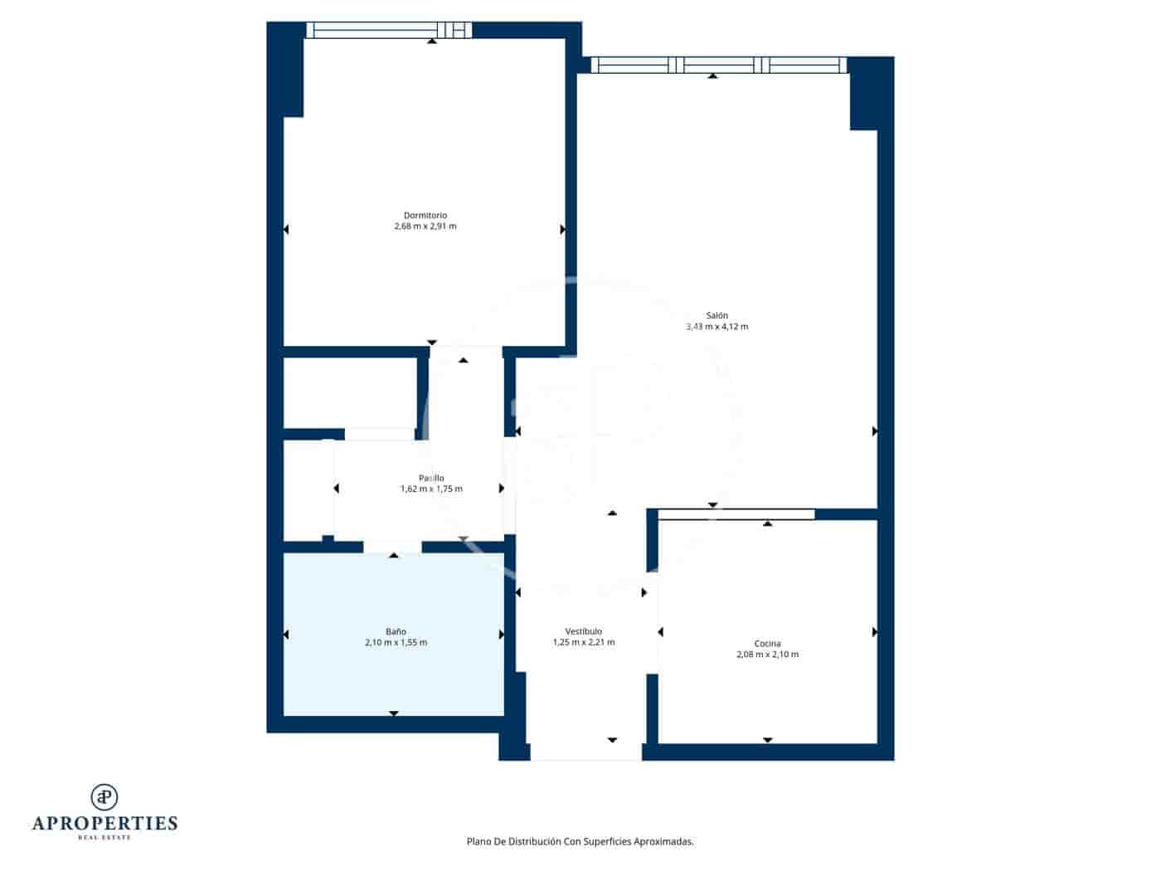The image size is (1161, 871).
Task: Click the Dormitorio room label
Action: pos(425,216)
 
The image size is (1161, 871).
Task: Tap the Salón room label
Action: pos(717,315)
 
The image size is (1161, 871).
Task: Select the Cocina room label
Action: pos(767,644)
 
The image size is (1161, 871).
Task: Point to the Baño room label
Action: pos(396,631)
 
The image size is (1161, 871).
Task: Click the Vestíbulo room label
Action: pos(583,631)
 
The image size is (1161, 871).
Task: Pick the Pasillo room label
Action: pos(431,478)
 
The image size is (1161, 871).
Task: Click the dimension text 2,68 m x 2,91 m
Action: pos(425,226)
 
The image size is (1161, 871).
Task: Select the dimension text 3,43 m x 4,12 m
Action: pos(717,327)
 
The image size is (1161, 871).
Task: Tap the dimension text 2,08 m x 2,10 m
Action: pos(767,654)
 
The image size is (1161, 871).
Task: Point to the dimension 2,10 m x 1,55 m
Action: pos(396,643)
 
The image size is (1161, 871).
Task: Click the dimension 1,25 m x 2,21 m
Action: pos(583,642)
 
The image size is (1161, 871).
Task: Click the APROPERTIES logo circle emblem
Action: pos(104,797)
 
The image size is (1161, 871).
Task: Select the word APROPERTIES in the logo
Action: pos(104,824)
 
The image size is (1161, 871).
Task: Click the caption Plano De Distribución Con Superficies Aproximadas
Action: pos(580,841)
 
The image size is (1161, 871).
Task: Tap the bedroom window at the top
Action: pos(388,31)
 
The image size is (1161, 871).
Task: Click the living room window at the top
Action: pos(718,66)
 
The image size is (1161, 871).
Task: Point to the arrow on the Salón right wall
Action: pos(875,431)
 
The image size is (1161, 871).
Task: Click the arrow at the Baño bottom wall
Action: pos(394,713)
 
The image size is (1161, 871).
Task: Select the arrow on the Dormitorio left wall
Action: pos(286,229)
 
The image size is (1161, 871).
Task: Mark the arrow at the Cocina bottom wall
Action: pos(767,740)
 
